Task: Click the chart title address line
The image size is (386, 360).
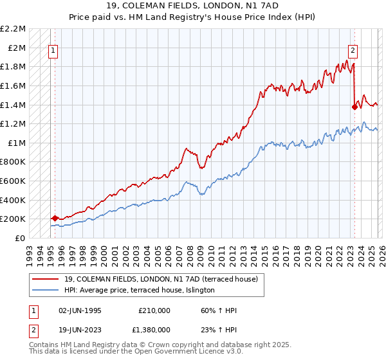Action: point(193,6)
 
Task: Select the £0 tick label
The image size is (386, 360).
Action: point(19,238)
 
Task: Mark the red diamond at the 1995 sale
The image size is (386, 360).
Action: point(55,219)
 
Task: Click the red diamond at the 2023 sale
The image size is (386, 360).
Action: point(354,107)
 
